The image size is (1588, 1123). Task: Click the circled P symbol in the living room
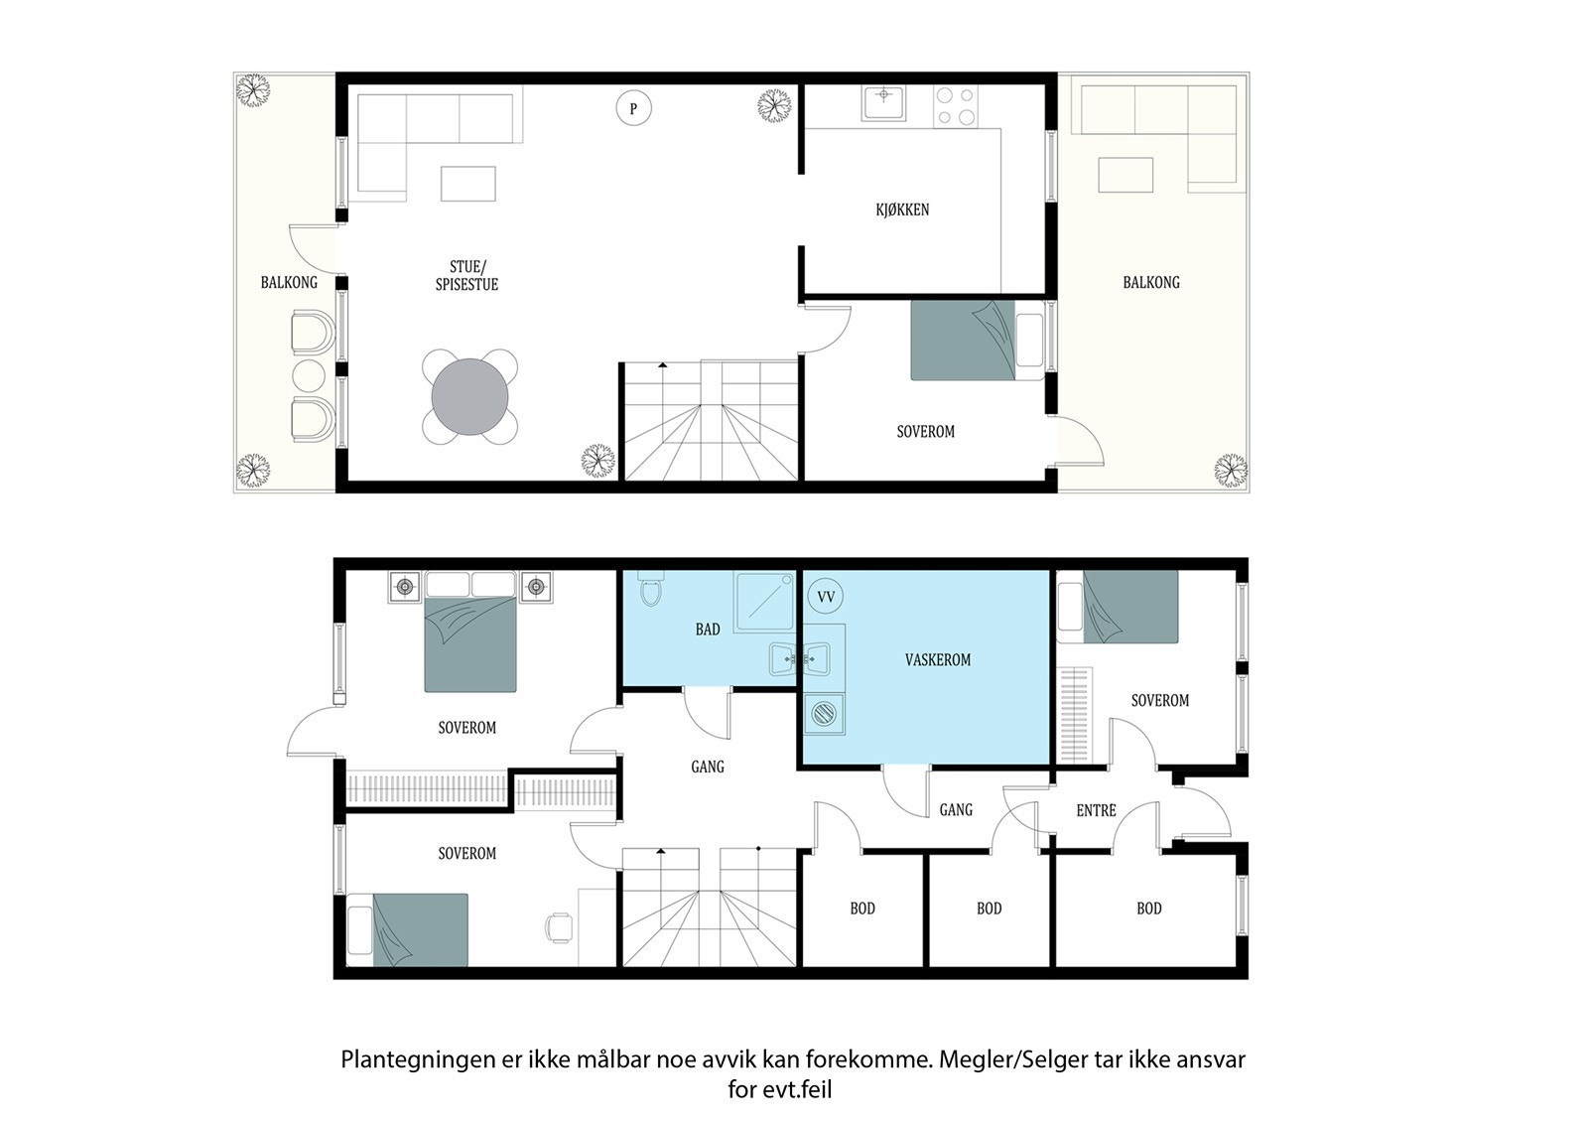pos(633,108)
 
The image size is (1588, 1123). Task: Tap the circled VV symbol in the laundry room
pos(826,597)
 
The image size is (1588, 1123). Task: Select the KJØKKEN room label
pos(902,210)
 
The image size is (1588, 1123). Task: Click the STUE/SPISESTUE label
pos(466,275)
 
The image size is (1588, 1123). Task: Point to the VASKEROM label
pos(937,659)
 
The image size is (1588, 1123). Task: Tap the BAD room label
pos(708,630)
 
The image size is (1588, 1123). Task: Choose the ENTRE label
pos(1096,810)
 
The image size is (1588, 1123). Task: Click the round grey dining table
pos(470,396)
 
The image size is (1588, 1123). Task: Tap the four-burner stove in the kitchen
pos(956,106)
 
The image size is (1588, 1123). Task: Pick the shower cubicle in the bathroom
pos(764,602)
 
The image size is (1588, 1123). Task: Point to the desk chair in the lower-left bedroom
pos(559,928)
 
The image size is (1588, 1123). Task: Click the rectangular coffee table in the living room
pos(467,184)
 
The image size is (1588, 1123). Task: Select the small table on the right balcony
pos(1125,175)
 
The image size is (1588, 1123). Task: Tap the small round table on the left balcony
pos(309,376)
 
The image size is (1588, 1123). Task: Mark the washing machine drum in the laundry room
pos(825,712)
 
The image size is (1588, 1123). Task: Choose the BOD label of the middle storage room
pos(989,909)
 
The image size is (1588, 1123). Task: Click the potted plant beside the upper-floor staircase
pos(597,460)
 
